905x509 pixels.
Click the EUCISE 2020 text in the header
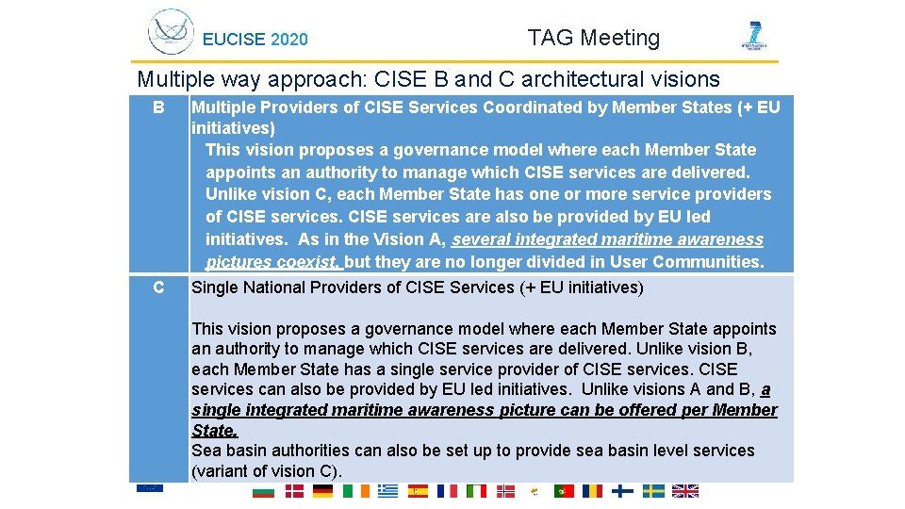tap(255, 40)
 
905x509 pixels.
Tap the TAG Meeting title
tap(593, 38)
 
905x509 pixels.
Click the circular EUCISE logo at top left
tap(171, 32)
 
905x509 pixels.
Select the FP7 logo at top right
tap(754, 36)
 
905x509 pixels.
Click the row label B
tap(158, 107)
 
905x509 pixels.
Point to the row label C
tap(158, 287)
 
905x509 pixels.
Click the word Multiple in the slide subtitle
tap(170, 79)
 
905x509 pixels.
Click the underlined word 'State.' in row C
tap(215, 431)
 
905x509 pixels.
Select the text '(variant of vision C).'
tap(267, 471)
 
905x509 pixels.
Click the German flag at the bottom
tap(323, 491)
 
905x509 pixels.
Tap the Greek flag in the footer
tap(387, 491)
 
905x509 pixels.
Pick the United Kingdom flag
tap(685, 491)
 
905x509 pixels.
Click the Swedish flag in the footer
tap(653, 491)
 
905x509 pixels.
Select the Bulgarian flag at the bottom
tap(263, 491)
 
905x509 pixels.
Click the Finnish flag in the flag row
tap(622, 491)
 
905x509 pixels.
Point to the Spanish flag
tap(418, 491)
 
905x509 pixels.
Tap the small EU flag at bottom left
tap(149, 487)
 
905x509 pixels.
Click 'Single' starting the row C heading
tap(215, 287)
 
